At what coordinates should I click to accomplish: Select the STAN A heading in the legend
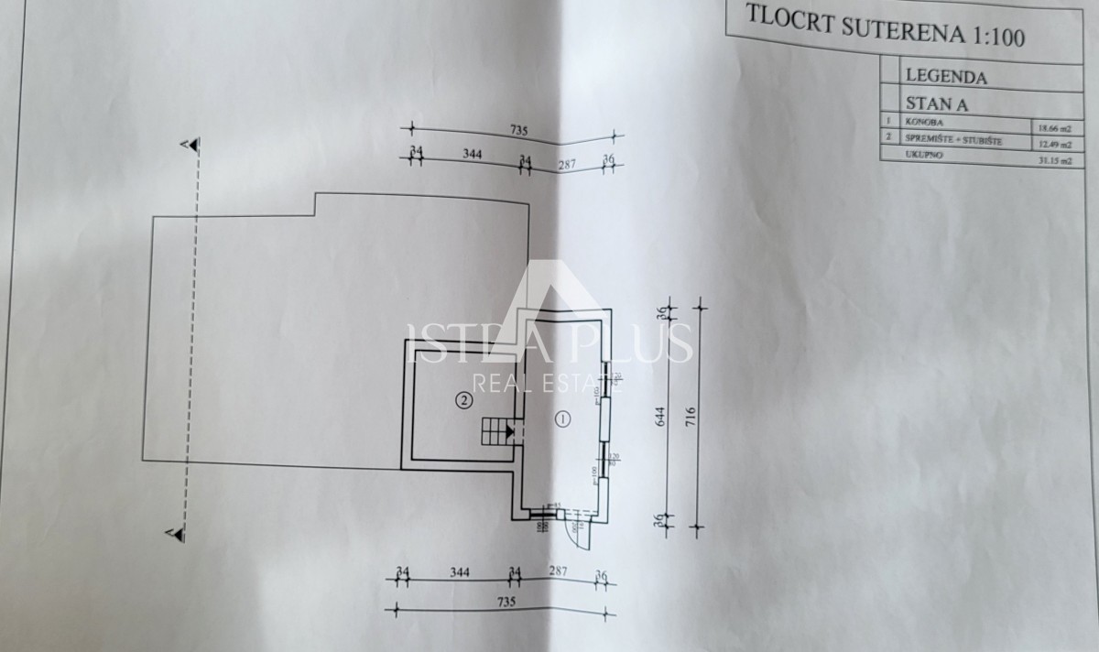click(x=936, y=103)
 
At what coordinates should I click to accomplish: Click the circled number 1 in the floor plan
click(x=562, y=418)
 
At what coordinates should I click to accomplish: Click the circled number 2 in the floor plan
click(x=464, y=399)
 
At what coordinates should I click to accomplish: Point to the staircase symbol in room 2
click(x=497, y=430)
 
